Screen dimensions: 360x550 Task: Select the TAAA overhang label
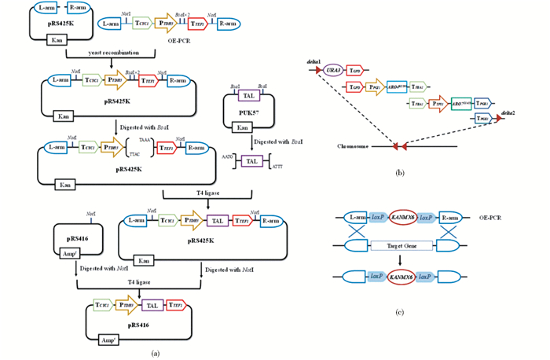[144, 138]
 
